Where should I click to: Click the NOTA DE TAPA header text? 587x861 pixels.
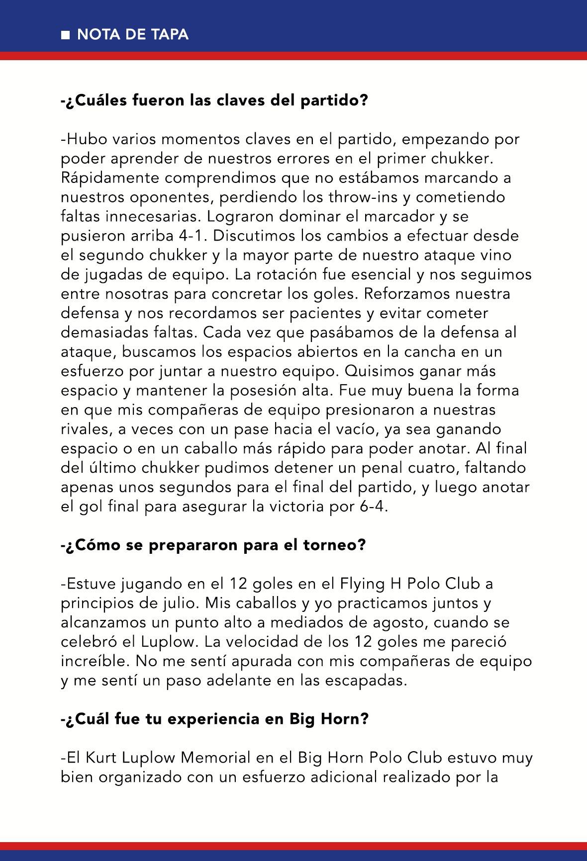[x=132, y=34]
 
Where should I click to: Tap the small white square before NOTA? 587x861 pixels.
[x=65, y=35]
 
